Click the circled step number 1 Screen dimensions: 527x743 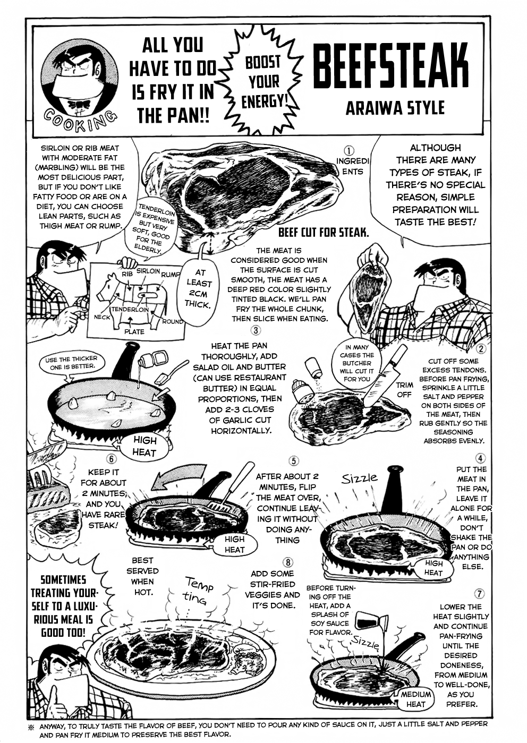tap(349, 151)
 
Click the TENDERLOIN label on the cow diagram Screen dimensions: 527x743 tap(130, 309)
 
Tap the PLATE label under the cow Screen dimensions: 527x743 tap(134, 331)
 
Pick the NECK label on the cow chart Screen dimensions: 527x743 tap(102, 317)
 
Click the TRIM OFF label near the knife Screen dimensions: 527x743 tap(404, 390)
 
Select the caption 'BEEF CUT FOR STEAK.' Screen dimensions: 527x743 tap(324, 233)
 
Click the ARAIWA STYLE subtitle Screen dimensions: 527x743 tap(395, 109)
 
